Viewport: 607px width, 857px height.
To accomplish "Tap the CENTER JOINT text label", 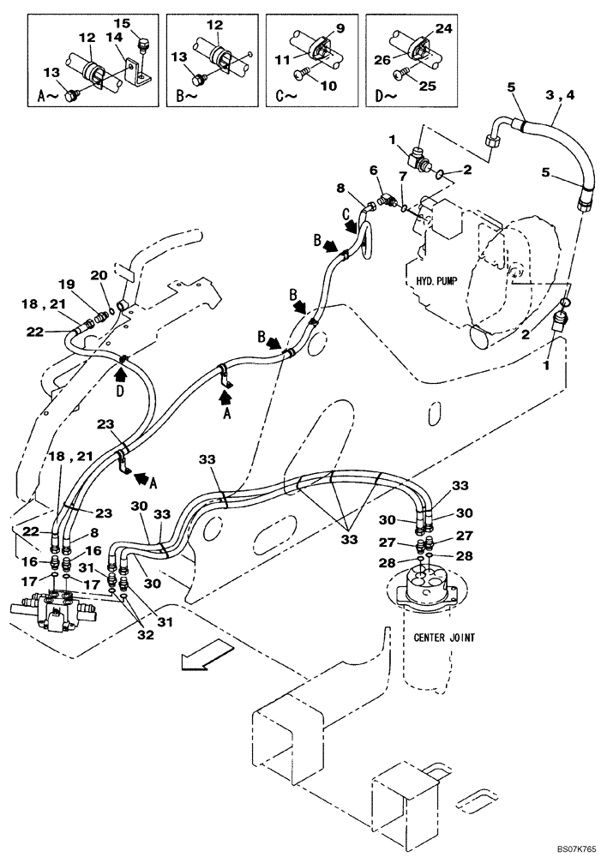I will (444, 637).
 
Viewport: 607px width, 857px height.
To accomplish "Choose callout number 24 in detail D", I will (442, 27).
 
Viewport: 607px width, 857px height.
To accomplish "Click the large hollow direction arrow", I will (195, 661).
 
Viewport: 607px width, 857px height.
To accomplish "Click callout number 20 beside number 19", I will (99, 276).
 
